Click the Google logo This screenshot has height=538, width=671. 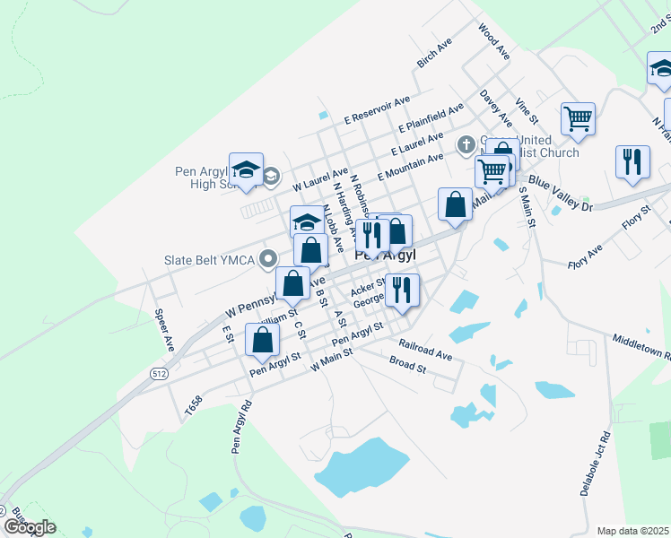(x=30, y=527)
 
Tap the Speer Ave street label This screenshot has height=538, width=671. (x=163, y=330)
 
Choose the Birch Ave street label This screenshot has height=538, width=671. (x=435, y=54)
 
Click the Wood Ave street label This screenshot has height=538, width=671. (x=494, y=41)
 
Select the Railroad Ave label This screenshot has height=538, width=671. (x=426, y=350)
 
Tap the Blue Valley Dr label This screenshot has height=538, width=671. (x=562, y=192)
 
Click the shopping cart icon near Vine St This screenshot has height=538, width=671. (x=579, y=117)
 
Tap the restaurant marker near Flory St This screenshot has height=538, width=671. (x=632, y=161)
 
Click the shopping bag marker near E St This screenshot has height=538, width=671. (x=262, y=340)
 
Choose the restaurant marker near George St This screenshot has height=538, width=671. (x=402, y=290)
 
